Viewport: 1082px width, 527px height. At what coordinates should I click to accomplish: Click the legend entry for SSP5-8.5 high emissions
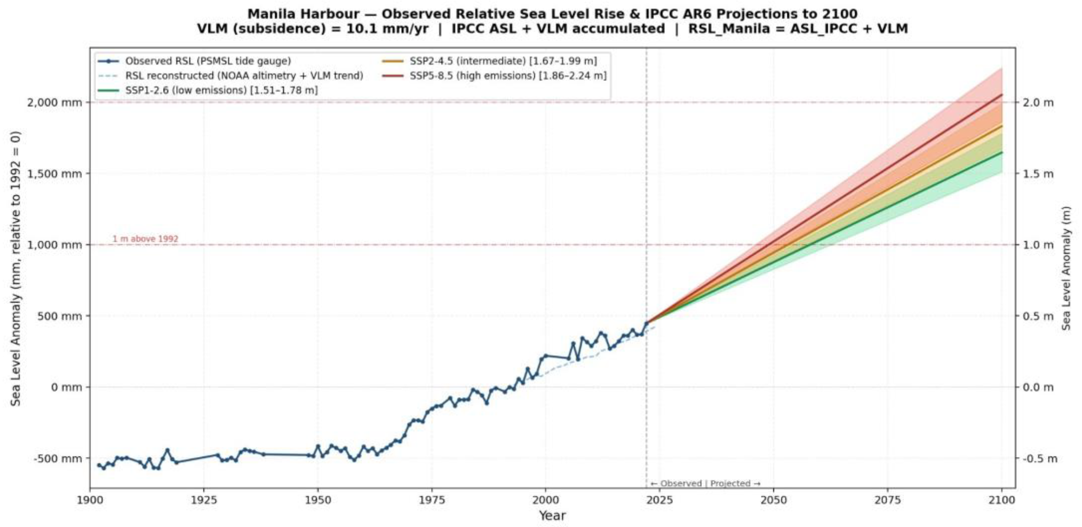pos(508,76)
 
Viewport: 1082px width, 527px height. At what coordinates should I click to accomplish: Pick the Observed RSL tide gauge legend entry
pos(208,61)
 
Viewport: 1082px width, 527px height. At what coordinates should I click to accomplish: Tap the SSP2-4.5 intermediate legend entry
pos(503,61)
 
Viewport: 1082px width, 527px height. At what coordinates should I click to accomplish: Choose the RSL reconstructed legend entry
pos(244,76)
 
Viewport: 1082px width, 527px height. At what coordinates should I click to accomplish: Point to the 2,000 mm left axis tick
pos(54,103)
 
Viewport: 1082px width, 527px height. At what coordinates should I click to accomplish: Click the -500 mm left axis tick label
pos(58,458)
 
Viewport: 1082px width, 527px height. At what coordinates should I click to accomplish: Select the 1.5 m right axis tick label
pos(1038,174)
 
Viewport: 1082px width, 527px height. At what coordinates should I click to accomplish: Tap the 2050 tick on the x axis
pos(774,500)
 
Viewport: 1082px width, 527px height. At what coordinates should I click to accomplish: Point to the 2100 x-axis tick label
pos(1002,500)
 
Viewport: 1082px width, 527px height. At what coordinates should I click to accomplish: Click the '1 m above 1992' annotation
pos(145,239)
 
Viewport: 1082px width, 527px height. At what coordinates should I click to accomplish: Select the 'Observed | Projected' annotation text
pos(705,483)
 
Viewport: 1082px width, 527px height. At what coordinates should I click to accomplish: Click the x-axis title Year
pos(552,516)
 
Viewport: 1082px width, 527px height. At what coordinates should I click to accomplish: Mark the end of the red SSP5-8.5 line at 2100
pos(1002,95)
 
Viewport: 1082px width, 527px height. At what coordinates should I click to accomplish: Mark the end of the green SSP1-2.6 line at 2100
pos(1002,152)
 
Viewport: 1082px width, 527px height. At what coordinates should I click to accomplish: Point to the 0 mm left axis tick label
pos(66,387)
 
